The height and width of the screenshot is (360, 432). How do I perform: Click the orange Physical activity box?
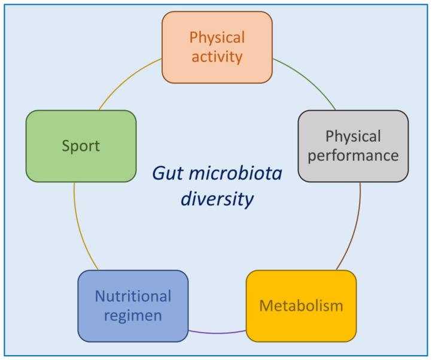(217, 47)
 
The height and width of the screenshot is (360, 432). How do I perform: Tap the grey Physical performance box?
(353, 146)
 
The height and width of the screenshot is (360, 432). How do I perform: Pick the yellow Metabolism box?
(301, 306)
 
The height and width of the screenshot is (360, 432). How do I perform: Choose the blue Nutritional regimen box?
(133, 306)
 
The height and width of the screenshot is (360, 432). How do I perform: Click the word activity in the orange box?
(217, 57)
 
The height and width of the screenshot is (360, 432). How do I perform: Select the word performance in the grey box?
(353, 156)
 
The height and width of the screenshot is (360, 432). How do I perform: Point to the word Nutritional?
(133, 296)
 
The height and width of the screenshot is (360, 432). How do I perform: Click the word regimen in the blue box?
(133, 316)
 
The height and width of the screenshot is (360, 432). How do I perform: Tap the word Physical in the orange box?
(217, 37)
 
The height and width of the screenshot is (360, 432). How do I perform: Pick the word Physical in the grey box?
(353, 136)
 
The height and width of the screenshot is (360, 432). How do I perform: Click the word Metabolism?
(301, 306)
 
